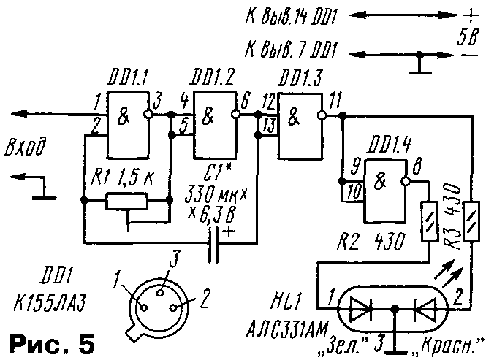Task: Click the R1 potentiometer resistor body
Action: (x=128, y=200)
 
